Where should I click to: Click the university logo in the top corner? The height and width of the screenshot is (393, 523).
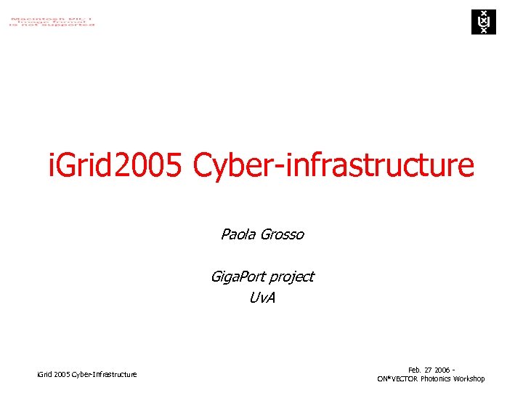click(482, 22)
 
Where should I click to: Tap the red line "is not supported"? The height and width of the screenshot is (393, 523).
click(52, 25)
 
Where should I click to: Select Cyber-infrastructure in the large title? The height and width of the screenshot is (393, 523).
click(333, 165)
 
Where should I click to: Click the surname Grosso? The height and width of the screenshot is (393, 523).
click(283, 234)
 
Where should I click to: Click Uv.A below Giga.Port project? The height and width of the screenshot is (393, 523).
click(261, 298)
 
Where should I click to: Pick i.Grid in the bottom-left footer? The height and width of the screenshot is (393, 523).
click(45, 374)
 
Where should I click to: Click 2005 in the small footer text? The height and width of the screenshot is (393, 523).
click(63, 374)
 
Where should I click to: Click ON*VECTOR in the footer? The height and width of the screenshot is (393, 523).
click(397, 379)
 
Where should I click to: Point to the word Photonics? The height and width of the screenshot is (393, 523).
click(436, 379)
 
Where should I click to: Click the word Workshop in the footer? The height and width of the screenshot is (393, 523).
click(469, 379)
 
